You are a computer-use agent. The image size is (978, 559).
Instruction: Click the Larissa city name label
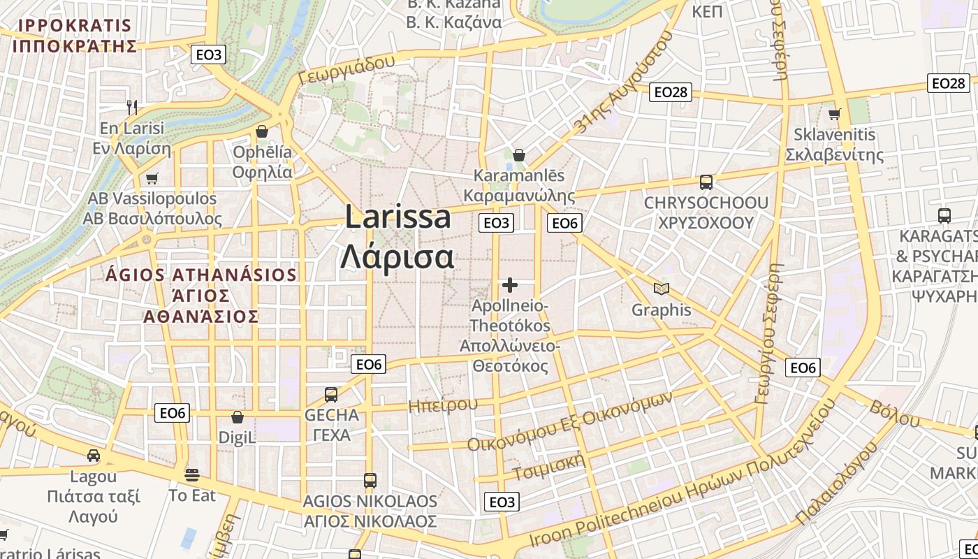tap(398, 236)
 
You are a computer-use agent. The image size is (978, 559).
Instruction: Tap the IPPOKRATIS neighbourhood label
tap(74, 36)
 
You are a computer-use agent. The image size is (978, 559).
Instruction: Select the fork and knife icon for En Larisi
tap(132, 107)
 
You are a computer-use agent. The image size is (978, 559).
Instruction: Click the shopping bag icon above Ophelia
tap(262, 131)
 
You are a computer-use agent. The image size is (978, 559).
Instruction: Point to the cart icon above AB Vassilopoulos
tap(152, 178)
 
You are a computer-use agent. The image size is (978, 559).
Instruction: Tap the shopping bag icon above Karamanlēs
tap(519, 154)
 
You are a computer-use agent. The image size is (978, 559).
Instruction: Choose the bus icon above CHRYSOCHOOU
tap(706, 182)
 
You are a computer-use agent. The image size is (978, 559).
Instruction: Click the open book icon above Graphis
tap(661, 289)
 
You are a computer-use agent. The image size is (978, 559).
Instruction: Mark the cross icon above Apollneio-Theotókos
tap(510, 285)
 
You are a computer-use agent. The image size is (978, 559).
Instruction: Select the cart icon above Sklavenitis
tap(834, 114)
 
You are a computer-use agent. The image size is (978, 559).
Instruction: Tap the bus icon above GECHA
tap(331, 394)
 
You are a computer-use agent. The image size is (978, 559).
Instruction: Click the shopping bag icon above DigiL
tap(238, 418)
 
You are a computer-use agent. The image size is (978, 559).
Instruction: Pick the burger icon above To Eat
tap(192, 475)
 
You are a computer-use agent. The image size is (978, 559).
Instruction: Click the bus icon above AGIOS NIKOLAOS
tap(370, 481)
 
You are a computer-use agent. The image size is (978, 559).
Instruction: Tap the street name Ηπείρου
tap(443, 405)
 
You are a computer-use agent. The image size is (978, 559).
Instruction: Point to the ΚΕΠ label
tap(707, 12)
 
